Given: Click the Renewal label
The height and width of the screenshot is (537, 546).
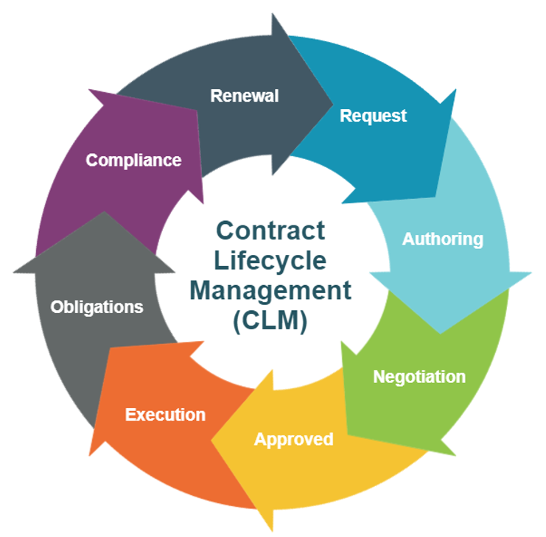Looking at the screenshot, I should point(245,96).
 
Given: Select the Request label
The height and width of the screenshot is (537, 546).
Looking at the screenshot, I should point(373,116).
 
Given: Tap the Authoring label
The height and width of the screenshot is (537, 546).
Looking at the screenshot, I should point(442,239).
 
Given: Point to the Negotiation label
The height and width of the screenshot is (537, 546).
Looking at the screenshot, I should point(419,376).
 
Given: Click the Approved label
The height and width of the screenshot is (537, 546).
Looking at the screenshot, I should point(293,439).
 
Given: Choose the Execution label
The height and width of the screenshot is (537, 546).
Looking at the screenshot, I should point(165,414).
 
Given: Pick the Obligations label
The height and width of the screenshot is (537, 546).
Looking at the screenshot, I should point(97,306).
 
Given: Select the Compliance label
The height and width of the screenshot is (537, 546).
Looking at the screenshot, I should point(133,160).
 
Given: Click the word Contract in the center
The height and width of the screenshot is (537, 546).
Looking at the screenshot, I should point(270,231).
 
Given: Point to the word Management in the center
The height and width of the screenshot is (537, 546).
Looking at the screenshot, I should point(270,290).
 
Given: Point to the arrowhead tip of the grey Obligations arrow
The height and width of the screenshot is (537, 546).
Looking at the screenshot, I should point(104,213).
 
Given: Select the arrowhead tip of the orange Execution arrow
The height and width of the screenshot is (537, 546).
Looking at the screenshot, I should point(91,453).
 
